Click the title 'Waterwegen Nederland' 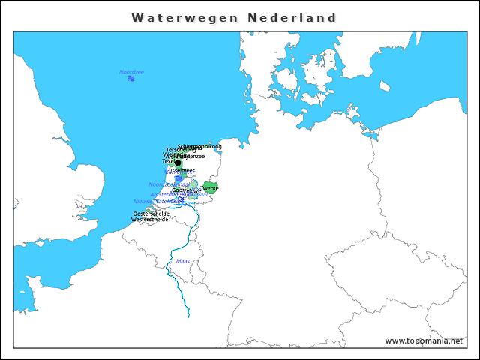pos(233,17)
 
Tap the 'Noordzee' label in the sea pos(131,72)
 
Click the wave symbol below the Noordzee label pos(131,79)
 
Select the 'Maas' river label pos(182,261)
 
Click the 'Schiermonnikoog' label pos(199,146)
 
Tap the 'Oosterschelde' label pos(151,214)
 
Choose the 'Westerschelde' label pos(150,220)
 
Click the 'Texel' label pos(168,161)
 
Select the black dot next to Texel pos(178,163)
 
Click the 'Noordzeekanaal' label pos(169,184)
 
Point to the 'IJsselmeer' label pos(181,170)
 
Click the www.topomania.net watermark pos(424,340)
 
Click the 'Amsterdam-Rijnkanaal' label pos(178,194)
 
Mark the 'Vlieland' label pos(173,154)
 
